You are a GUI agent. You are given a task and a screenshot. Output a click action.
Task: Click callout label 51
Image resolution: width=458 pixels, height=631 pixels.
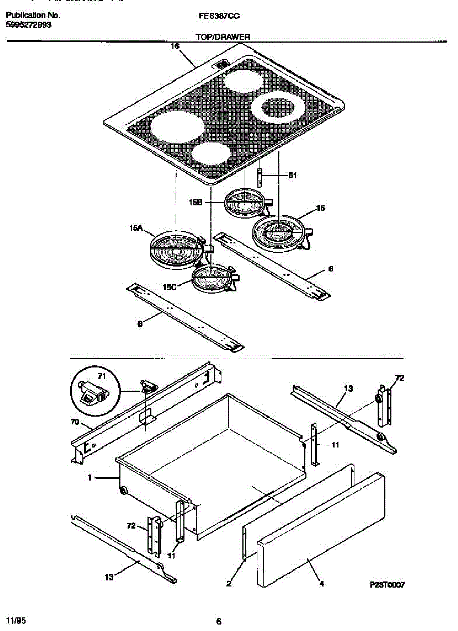(292, 176)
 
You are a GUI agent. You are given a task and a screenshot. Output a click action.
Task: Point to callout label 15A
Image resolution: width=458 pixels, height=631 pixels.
(136, 228)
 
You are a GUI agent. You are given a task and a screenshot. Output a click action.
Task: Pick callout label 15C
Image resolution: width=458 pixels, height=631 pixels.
(170, 288)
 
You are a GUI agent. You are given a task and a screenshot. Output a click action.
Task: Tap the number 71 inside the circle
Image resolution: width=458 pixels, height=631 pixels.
(102, 375)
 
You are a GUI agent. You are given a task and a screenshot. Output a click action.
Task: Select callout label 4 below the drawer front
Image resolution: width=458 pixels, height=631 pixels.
(321, 582)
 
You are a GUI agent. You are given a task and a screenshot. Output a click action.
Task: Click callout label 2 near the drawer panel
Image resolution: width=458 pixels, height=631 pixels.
(229, 583)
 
